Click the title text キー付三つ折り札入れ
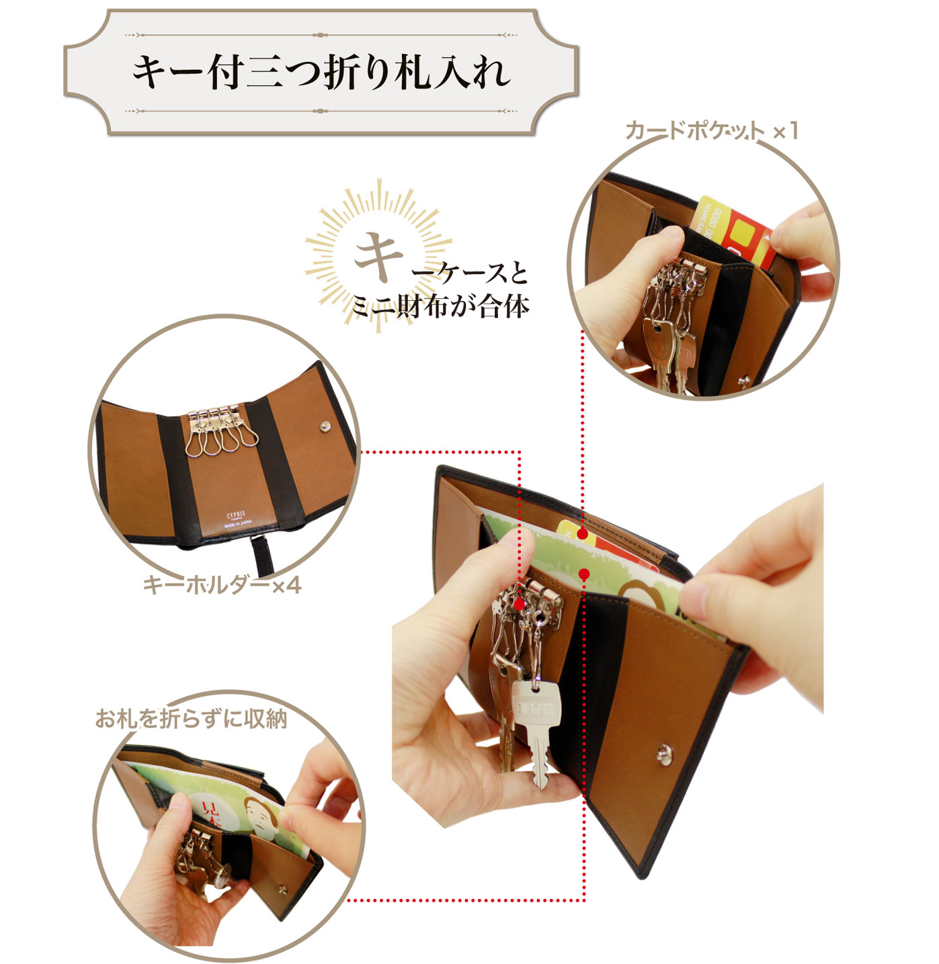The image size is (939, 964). (x=321, y=72)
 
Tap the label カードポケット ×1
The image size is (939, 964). (x=711, y=130)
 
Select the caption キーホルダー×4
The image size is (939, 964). (x=222, y=585)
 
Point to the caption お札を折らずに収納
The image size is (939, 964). (x=192, y=719)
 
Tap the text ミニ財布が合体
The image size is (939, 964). (x=440, y=306)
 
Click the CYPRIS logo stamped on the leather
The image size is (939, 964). (x=236, y=515)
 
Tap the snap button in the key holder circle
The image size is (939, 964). (x=325, y=426)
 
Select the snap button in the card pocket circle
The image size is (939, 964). (x=743, y=382)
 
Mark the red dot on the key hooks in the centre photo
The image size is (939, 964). (x=519, y=604)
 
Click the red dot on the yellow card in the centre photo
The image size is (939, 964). (x=582, y=533)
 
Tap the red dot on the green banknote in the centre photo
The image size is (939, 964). (x=584, y=574)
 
